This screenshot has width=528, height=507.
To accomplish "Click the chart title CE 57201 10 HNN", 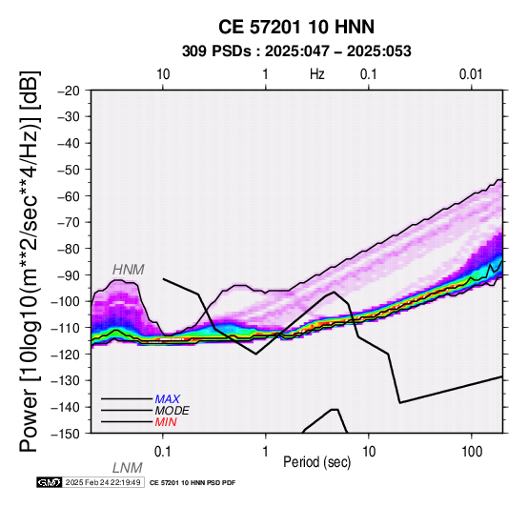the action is tap(296, 27).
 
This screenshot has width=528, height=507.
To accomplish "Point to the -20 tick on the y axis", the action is tap(69, 91).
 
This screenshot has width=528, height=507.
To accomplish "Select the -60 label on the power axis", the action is tap(69, 196).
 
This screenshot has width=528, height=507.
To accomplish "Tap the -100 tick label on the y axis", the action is tap(66, 301).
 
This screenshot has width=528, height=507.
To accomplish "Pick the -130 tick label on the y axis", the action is tap(66, 381).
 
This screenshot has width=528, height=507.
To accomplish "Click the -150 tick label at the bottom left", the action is tap(66, 434).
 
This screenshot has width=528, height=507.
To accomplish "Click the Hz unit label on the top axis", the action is tap(316, 74).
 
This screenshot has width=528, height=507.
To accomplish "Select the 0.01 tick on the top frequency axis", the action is tap(471, 74).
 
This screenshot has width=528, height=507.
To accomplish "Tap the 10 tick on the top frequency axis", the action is tap(163, 74).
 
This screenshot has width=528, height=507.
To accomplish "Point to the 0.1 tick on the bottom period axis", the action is tap(162, 452).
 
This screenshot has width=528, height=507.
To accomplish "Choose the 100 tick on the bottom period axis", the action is tap(472, 452).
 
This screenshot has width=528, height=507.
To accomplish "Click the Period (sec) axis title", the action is tap(316, 462).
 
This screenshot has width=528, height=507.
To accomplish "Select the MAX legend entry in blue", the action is tap(168, 399).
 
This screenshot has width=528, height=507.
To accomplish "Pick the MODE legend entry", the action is tap(173, 411).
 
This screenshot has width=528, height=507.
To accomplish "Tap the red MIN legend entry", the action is tap(166, 422).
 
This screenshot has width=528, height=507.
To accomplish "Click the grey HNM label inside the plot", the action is tap(129, 270).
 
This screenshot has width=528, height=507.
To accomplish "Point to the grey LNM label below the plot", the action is tap(128, 468).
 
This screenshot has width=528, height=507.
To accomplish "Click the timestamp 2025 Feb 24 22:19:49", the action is tap(103, 483).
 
